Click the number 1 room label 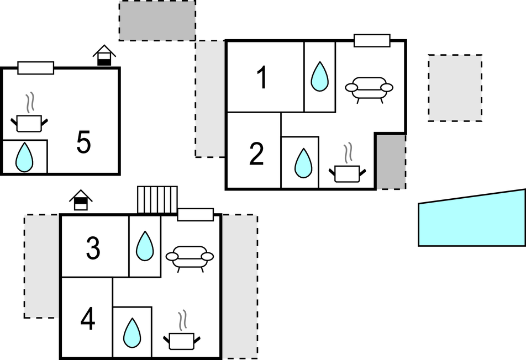(x=262, y=77)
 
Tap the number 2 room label (x=256, y=154)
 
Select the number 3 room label (x=93, y=248)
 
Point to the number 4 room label (x=88, y=319)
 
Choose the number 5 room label (x=83, y=142)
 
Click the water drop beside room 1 (x=319, y=76)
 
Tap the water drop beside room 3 (x=145, y=246)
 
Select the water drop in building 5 (x=24, y=157)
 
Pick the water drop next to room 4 (x=132, y=332)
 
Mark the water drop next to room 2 (x=303, y=163)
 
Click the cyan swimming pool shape (x=472, y=220)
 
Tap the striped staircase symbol (x=157, y=200)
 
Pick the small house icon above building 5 (x=104, y=55)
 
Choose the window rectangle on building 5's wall (x=35, y=68)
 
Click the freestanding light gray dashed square (x=455, y=88)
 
